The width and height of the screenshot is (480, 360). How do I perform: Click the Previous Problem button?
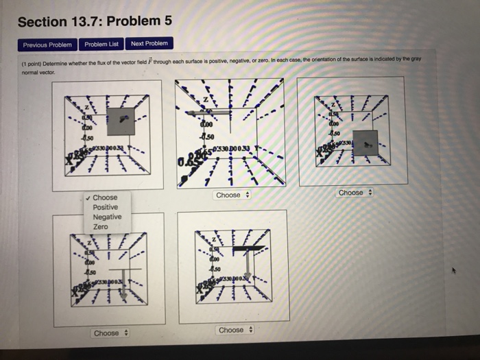pyautogui.click(x=47, y=45)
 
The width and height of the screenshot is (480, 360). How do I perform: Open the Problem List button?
pyautogui.click(x=101, y=45)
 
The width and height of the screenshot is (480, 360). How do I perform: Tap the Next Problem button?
pyautogui.click(x=149, y=44)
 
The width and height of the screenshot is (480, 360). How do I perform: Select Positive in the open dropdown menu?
pyautogui.click(x=105, y=207)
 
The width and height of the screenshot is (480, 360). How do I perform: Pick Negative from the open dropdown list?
pyautogui.click(x=107, y=217)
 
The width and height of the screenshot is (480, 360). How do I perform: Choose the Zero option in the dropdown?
pyautogui.click(x=100, y=226)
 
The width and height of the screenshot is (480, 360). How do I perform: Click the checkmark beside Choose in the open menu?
pyautogui.click(x=88, y=197)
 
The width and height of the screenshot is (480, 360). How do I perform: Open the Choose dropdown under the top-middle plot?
pyautogui.click(x=232, y=195)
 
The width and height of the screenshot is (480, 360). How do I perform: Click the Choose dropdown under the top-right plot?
pyautogui.click(x=355, y=193)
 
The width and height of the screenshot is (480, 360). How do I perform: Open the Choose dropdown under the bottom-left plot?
pyautogui.click(x=110, y=333)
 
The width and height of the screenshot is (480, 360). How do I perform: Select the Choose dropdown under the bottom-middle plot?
pyautogui.click(x=235, y=331)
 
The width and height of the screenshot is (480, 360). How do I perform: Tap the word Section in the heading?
pyautogui.click(x=40, y=22)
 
